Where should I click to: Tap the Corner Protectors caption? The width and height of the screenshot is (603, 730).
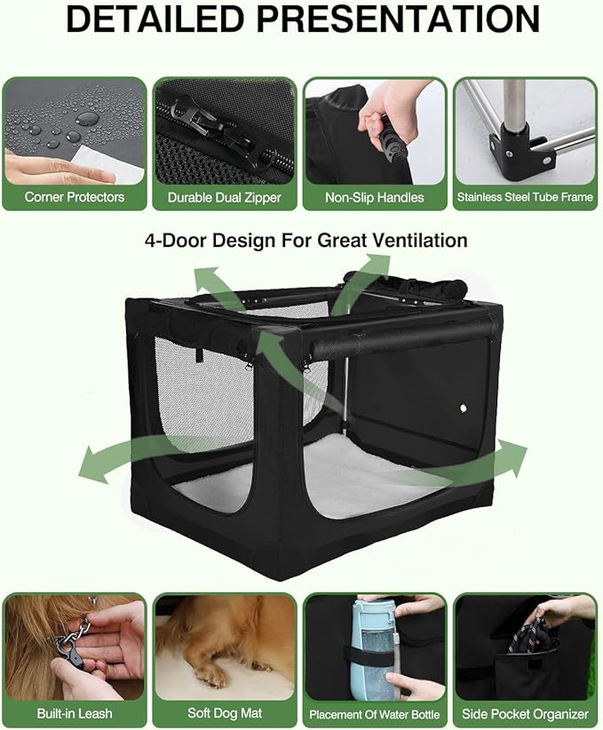(75, 197)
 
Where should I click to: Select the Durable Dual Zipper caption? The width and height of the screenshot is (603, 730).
(225, 197)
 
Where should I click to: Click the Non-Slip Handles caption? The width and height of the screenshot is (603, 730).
(375, 197)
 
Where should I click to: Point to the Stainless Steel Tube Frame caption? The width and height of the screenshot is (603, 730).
(525, 197)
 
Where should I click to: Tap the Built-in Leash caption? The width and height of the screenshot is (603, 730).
(75, 713)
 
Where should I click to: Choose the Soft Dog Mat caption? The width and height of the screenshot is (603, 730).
(225, 713)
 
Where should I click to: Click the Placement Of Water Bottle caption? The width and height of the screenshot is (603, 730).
(375, 714)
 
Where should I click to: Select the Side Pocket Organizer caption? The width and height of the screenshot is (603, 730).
(525, 713)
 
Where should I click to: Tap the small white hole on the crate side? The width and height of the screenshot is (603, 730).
(463, 408)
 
